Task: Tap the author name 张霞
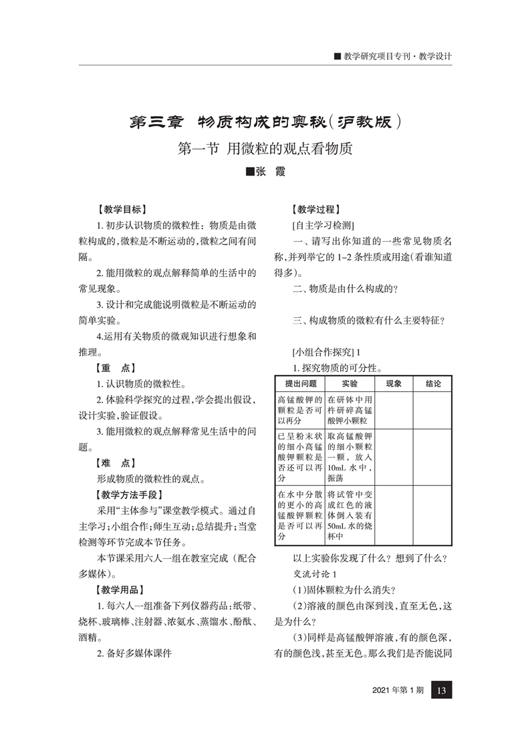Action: (x=265, y=173)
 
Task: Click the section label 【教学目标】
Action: (x=121, y=208)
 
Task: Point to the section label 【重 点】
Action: (x=115, y=367)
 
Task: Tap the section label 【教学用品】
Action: (x=121, y=589)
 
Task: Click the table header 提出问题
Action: (x=300, y=384)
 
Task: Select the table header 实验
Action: (x=350, y=384)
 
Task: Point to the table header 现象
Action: (x=394, y=384)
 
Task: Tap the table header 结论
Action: (x=432, y=384)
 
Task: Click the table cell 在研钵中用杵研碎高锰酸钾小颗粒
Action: (x=350, y=411)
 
